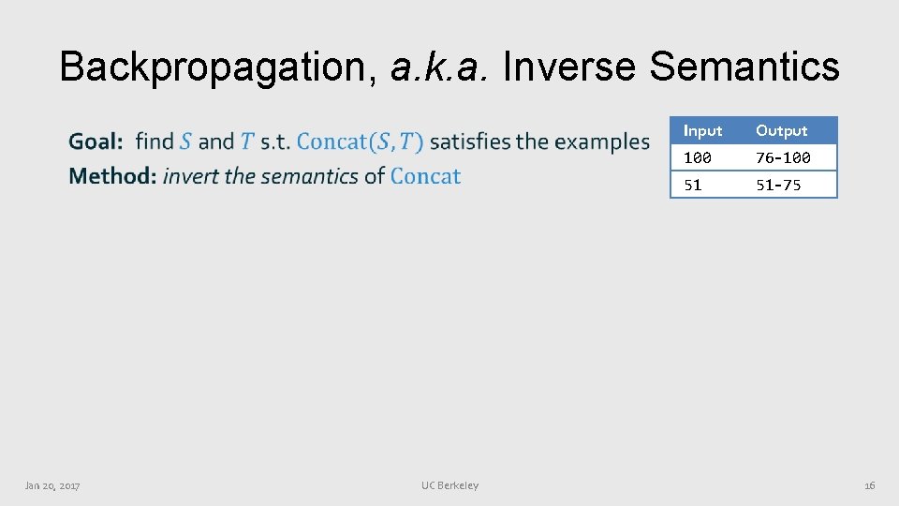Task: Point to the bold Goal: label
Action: point(96,142)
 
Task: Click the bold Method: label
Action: point(112,176)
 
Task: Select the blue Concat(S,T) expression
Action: point(360,142)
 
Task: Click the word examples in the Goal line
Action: point(602,142)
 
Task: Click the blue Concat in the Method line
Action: point(425,176)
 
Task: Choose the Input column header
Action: point(702,131)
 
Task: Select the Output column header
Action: point(781,131)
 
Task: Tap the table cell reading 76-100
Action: point(783,157)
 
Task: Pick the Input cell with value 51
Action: point(693,185)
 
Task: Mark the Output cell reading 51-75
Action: point(778,185)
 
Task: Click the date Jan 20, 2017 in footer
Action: point(52,485)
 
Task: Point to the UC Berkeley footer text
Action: point(449,485)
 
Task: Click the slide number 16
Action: point(869,485)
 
